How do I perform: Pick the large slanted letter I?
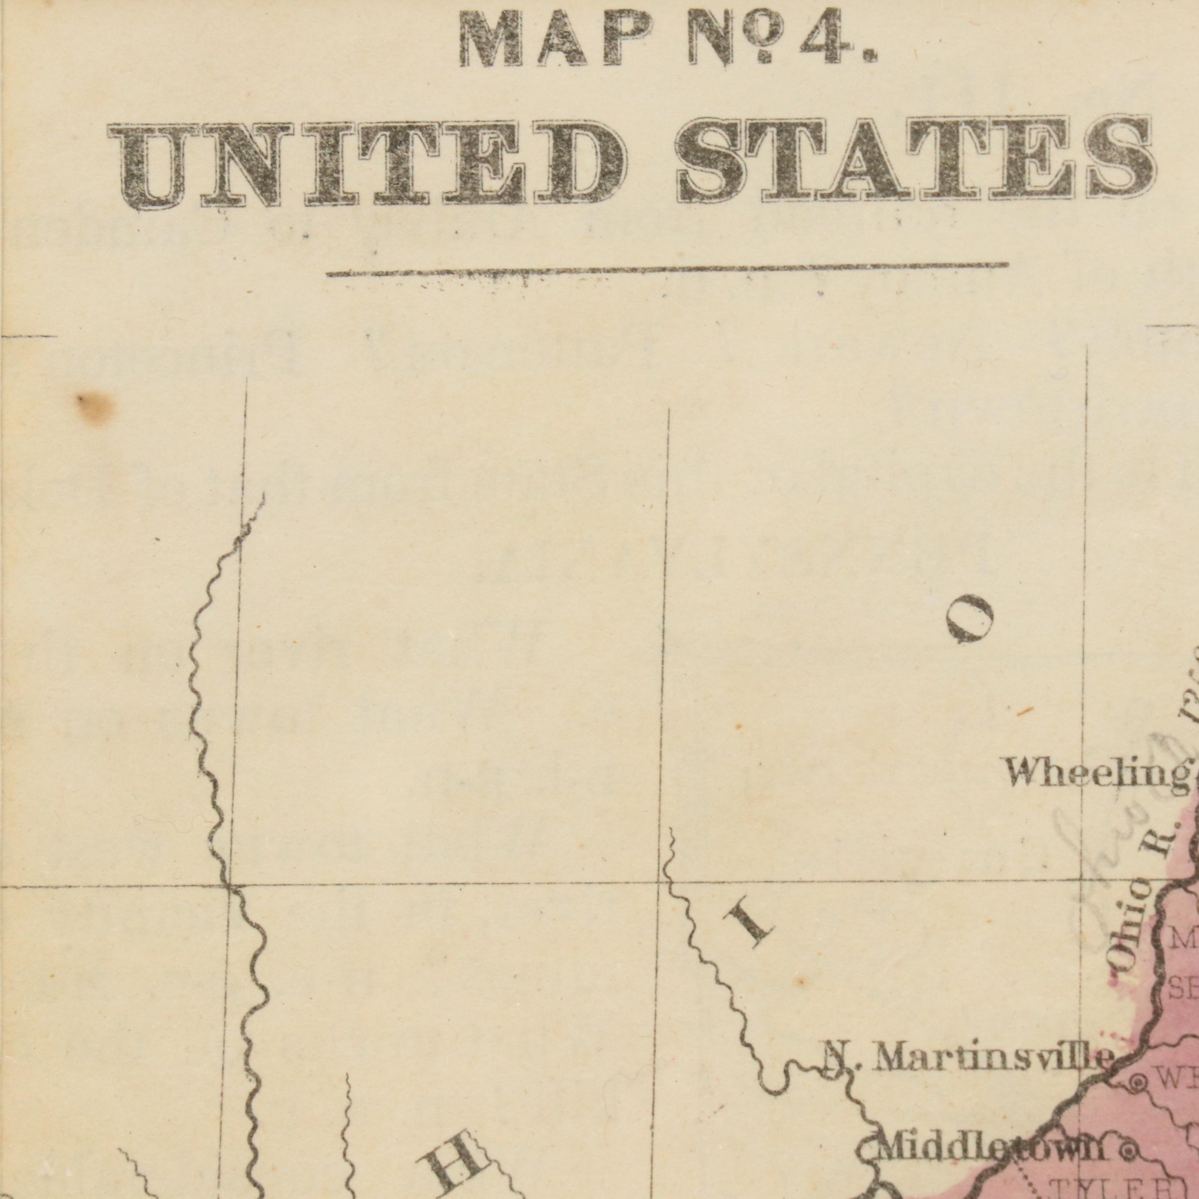tap(751, 924)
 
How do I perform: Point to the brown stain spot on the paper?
tap(96, 406)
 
